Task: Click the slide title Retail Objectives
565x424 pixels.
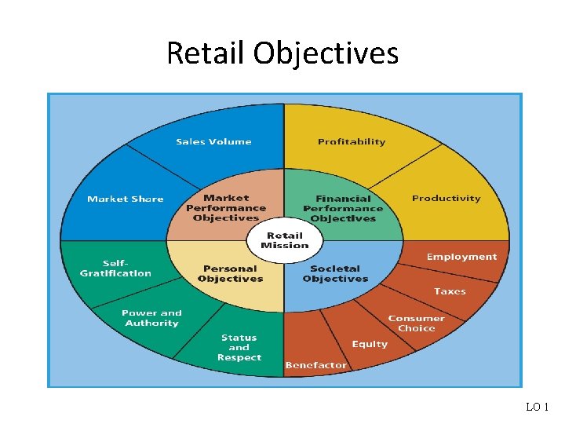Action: (282, 53)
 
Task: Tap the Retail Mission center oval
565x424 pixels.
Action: (284, 240)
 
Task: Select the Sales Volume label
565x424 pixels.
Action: (213, 142)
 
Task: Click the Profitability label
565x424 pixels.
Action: (352, 142)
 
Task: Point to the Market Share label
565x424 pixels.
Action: (126, 199)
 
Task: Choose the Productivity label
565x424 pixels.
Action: (446, 199)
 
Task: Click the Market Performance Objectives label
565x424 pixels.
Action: (226, 208)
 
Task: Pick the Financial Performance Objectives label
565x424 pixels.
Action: (343, 209)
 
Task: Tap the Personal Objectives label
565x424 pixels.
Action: (230, 274)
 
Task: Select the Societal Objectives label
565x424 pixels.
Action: (335, 274)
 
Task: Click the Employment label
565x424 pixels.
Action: (461, 257)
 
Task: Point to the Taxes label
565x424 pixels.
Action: (450, 291)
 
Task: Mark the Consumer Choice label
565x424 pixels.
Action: (416, 323)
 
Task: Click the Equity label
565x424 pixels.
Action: (370, 344)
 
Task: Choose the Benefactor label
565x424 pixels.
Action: (315, 365)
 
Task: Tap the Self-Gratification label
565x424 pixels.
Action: (115, 269)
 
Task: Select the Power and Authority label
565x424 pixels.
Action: (151, 318)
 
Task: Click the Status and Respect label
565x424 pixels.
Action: (239, 348)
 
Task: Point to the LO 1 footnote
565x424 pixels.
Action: (538, 407)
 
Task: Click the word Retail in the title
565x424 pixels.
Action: (206, 53)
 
